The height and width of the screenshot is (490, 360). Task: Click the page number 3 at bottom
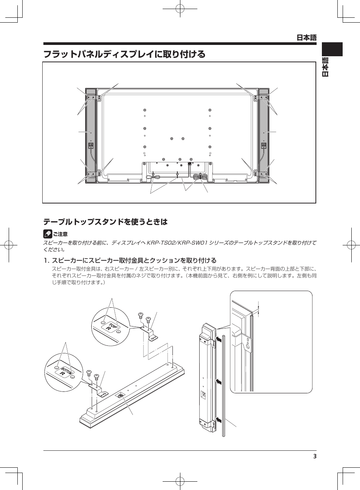[315, 456]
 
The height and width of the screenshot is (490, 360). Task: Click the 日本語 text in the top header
[306, 37]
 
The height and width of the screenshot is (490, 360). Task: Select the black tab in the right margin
[332, 49]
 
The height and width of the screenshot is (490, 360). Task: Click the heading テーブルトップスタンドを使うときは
[106, 222]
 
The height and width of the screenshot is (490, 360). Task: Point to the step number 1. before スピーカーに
[46, 260]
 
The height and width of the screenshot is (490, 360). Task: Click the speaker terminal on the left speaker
[91, 145]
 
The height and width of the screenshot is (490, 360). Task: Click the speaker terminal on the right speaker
[264, 145]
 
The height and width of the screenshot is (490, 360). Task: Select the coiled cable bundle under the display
[200, 177]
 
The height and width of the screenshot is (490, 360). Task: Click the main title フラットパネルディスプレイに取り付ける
[125, 54]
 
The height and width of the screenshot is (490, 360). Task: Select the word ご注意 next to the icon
[60, 234]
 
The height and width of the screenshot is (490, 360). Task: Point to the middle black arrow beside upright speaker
[219, 382]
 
